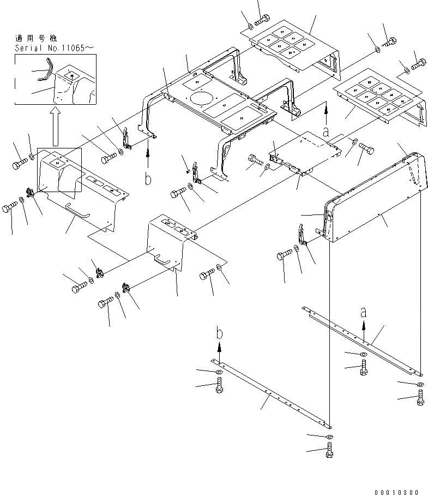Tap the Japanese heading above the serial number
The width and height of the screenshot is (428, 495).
tap(35, 39)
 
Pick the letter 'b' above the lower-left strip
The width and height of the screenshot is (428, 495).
tap(218, 333)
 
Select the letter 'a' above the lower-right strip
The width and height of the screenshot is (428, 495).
tap(363, 313)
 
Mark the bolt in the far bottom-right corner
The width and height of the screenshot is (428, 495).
tap(420, 402)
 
